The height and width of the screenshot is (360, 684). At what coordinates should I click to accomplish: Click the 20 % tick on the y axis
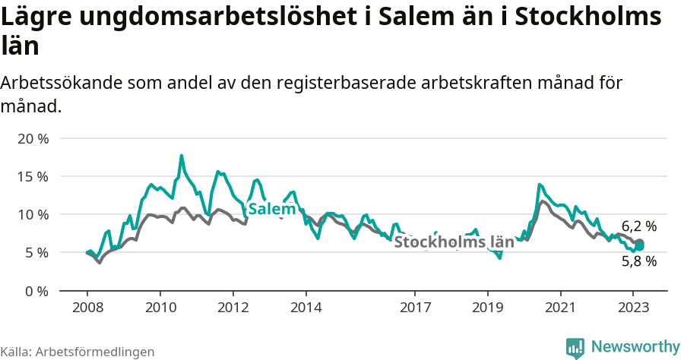(32, 138)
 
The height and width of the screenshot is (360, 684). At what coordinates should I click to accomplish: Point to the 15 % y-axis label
(32, 176)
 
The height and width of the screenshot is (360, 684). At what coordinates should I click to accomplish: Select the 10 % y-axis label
(32, 214)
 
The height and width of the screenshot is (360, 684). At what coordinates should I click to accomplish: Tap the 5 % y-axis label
(36, 252)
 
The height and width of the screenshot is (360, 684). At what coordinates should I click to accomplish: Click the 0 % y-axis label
(36, 290)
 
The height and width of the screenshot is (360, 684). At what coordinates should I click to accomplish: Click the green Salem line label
(271, 209)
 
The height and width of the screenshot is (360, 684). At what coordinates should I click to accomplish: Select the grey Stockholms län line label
(454, 242)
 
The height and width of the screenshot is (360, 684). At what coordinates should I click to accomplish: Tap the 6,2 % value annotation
(639, 226)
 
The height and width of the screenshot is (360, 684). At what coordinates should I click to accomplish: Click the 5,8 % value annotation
(639, 261)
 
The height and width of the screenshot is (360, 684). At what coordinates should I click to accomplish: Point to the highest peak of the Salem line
(182, 156)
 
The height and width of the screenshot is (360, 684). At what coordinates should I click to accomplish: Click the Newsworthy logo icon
(575, 347)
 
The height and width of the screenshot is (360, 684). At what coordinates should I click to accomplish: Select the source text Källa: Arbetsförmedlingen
(78, 352)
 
